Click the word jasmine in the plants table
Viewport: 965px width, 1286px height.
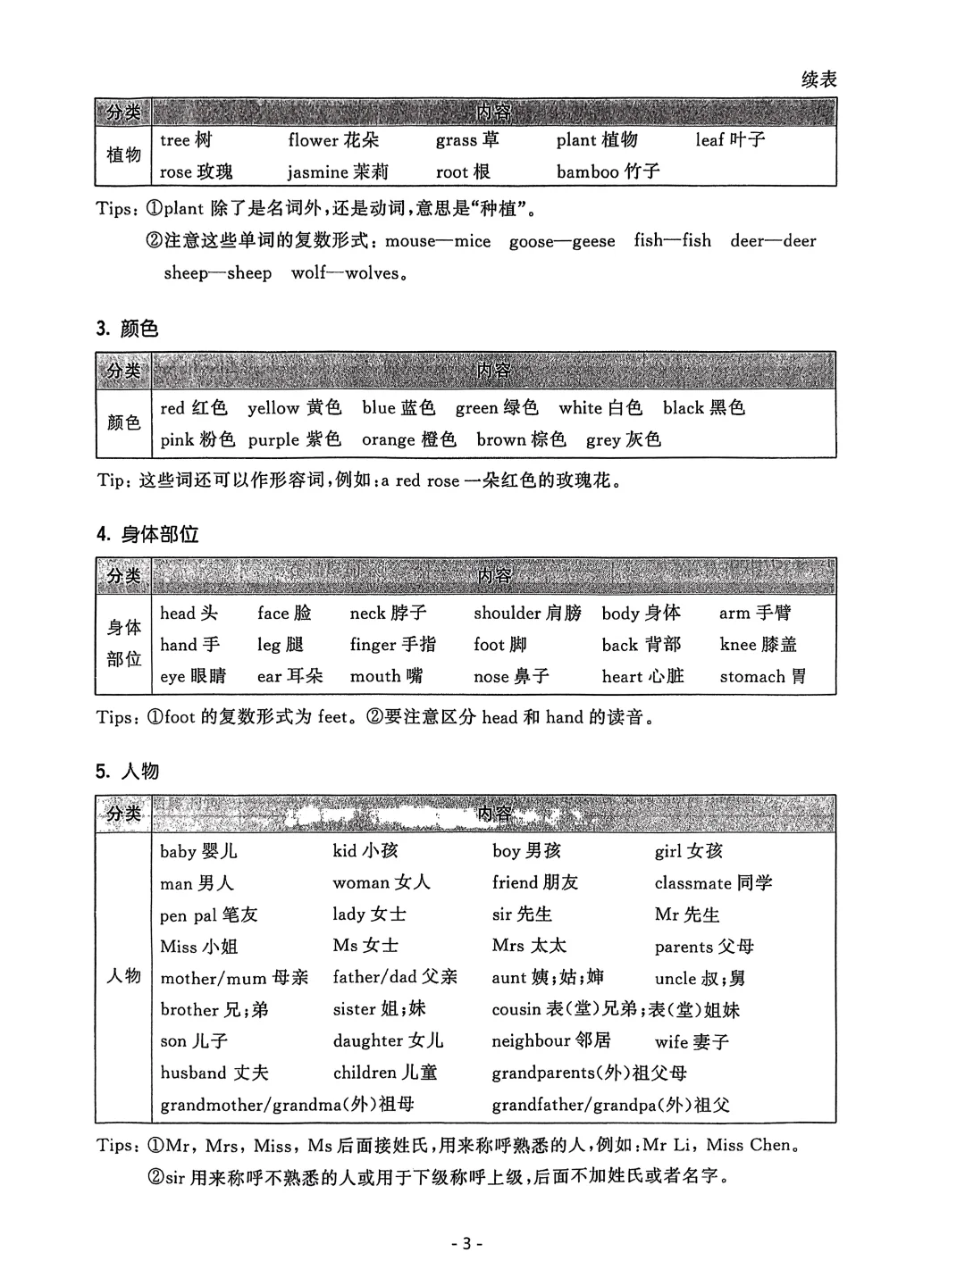(317, 172)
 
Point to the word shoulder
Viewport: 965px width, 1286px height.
(507, 614)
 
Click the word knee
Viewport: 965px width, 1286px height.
(738, 645)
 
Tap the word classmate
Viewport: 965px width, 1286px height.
(693, 883)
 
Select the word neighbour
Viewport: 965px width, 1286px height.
(531, 1041)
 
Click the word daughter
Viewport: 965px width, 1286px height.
(368, 1041)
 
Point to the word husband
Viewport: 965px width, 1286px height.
(193, 1073)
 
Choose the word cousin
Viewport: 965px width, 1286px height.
(516, 1010)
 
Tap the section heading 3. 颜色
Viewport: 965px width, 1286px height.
(127, 329)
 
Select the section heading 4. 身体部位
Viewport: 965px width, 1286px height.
(147, 535)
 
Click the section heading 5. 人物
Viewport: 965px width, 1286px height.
(127, 771)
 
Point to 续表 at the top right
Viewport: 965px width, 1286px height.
(818, 79)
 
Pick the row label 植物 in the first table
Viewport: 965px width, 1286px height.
(123, 155)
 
